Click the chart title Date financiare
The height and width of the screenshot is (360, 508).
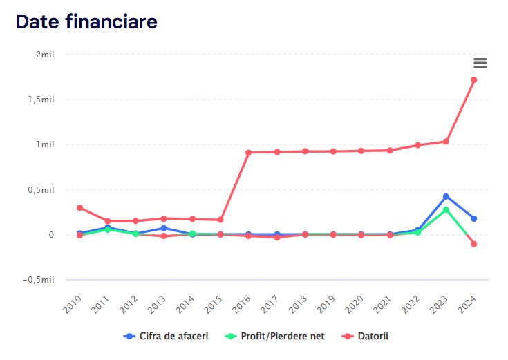pyautogui.click(x=86, y=21)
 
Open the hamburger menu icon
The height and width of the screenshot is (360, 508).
pyautogui.click(x=480, y=63)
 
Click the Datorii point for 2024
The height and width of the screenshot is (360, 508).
pyautogui.click(x=474, y=80)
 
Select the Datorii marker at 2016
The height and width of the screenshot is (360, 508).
pyautogui.click(x=249, y=152)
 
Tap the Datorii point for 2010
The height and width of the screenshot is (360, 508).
pyautogui.click(x=79, y=207)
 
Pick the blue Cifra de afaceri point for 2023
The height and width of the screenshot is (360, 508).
pyautogui.click(x=446, y=197)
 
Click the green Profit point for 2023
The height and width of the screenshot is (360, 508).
pyautogui.click(x=446, y=209)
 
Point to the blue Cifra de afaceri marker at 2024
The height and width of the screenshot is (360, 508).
pyautogui.click(x=474, y=218)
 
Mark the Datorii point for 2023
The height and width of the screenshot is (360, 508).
pyautogui.click(x=446, y=142)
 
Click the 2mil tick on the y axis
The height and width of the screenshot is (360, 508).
pyautogui.click(x=44, y=54)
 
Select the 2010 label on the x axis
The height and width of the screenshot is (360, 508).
pyautogui.click(x=73, y=303)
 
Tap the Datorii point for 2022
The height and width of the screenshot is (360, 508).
pyautogui.click(x=417, y=145)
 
